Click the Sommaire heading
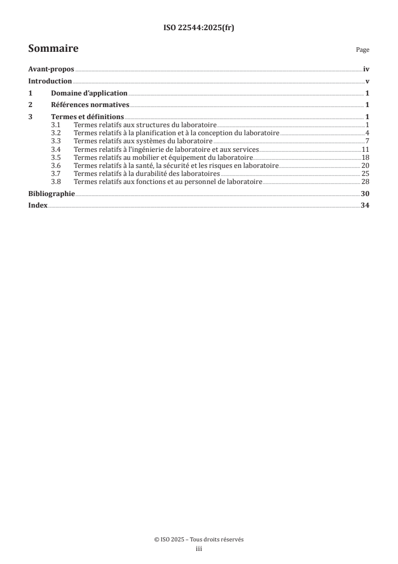pyautogui.click(x=53, y=49)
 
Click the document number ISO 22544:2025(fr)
pyautogui.click(x=199, y=28)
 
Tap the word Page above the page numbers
pyautogui.click(x=362, y=50)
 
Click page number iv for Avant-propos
pyautogui.click(x=366, y=70)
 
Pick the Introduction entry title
pyautogui.click(x=50, y=81)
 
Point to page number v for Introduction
pyautogui.click(x=367, y=81)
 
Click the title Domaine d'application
pyautogui.click(x=89, y=93)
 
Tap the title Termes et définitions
pyautogui.click(x=87, y=118)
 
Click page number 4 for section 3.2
pyautogui.click(x=367, y=132)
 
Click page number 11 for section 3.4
pyautogui.click(x=365, y=149)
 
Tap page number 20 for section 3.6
pyautogui.click(x=365, y=165)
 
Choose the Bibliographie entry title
pyautogui.click(x=52, y=194)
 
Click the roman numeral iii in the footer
pyautogui.click(x=199, y=549)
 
